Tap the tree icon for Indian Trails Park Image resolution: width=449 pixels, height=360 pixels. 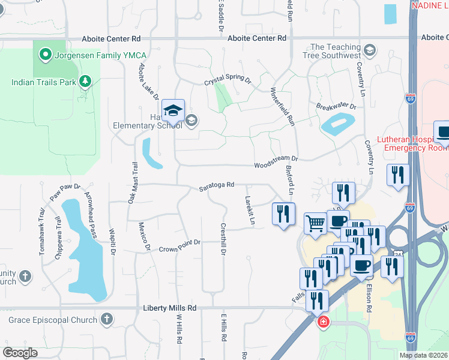[85, 80]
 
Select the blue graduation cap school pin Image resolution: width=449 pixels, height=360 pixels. [173, 111]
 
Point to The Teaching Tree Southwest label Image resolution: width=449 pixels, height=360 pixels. [335, 52]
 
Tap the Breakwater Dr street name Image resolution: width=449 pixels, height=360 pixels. [336, 107]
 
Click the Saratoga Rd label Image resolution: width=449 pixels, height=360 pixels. [216, 187]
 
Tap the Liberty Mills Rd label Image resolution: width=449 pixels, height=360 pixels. [169, 308]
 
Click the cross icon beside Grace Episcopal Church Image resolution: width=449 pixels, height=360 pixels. [107, 319]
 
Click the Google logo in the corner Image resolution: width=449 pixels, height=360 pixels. [20, 352]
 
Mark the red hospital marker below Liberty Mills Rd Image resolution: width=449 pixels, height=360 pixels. [323, 322]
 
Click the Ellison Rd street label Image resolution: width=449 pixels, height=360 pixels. [370, 293]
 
